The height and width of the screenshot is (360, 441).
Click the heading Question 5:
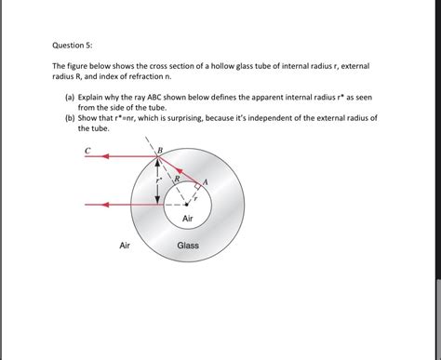click(x=73, y=42)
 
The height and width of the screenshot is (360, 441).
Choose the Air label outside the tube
click(x=125, y=247)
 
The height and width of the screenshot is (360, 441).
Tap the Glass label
click(x=188, y=247)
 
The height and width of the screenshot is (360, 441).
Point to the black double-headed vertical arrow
click(x=157, y=181)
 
